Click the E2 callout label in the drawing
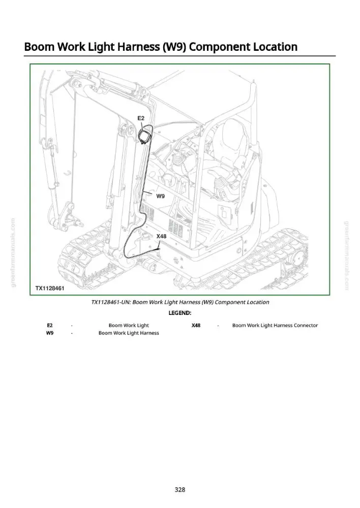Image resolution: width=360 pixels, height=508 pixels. [x=141, y=118]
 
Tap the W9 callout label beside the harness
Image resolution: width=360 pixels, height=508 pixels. [x=161, y=196]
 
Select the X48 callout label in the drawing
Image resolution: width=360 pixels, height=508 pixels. [x=161, y=236]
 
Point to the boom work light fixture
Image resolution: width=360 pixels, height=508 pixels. [x=144, y=136]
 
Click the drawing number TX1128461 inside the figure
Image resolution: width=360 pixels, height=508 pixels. [x=50, y=288]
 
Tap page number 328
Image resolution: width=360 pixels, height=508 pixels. [x=179, y=490]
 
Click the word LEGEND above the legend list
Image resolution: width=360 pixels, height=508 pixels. [x=179, y=313]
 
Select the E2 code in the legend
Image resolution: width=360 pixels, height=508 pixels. [x=50, y=325]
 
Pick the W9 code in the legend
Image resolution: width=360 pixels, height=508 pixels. [x=50, y=333]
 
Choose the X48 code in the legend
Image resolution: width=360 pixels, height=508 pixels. [x=196, y=325]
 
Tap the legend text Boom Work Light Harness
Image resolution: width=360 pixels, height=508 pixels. [x=129, y=333]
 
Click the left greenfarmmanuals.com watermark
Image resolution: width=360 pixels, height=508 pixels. [x=13, y=252]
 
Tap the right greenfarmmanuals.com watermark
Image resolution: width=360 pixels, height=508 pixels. [x=346, y=256]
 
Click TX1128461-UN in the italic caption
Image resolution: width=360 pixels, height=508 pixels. [x=111, y=302]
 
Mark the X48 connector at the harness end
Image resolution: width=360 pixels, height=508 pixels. [x=158, y=249]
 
